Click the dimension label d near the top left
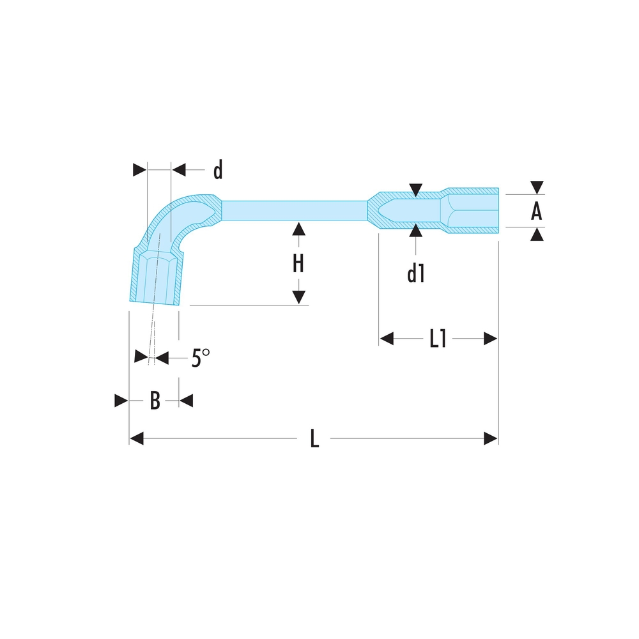click(218, 170)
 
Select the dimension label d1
click(416, 273)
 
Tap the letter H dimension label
click(298, 263)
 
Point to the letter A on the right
click(536, 211)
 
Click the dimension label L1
click(438, 338)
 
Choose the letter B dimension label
click(155, 400)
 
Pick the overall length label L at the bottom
click(314, 438)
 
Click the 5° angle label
click(201, 358)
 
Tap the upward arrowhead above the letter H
click(298, 229)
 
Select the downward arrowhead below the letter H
click(298, 298)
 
